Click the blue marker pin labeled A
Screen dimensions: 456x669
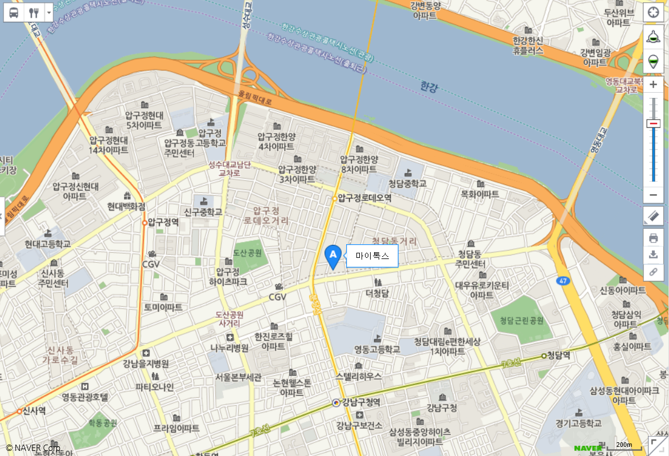[333, 256]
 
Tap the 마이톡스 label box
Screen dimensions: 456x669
[372, 256]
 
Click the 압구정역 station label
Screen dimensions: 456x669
[163, 222]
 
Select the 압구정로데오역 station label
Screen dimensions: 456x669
[364, 198]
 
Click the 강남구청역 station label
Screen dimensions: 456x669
[361, 402]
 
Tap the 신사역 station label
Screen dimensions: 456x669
[34, 410]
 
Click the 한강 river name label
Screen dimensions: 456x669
[429, 87]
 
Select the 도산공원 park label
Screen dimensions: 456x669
[247, 253]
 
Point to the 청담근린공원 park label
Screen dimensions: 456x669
[521, 321]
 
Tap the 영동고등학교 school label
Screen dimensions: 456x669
[377, 349]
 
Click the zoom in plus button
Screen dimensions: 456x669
[653, 85]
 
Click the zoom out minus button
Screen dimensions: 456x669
[653, 195]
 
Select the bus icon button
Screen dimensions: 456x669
[14, 13]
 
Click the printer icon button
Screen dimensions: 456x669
[653, 238]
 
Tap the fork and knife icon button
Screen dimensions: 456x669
[34, 13]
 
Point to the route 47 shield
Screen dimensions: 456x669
[563, 281]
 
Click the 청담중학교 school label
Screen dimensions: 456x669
[408, 183]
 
